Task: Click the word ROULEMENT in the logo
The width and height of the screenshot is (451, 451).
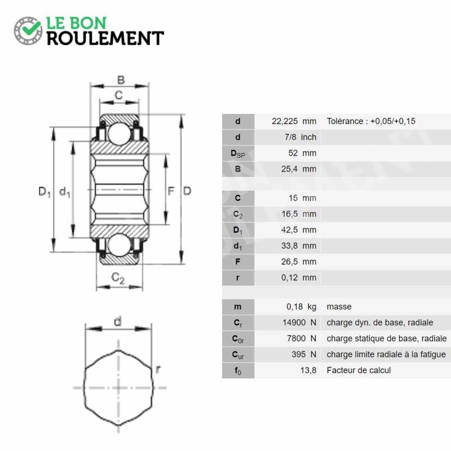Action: [x=105, y=38]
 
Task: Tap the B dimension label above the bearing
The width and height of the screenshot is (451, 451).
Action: [x=121, y=80]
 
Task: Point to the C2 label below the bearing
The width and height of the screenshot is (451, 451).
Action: [x=118, y=278]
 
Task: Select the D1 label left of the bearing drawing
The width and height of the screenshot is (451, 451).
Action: [x=45, y=192]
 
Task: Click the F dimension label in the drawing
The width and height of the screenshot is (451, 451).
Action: [x=171, y=191]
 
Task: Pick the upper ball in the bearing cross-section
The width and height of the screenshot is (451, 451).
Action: [x=119, y=133]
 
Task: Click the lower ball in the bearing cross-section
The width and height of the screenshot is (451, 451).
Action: [x=119, y=245]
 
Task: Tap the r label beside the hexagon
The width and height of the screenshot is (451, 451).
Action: [x=158, y=369]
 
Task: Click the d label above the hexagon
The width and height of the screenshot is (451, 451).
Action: [x=118, y=321]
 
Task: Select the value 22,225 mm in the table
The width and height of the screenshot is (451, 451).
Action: [x=294, y=121]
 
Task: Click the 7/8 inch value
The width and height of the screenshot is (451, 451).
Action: [x=300, y=137]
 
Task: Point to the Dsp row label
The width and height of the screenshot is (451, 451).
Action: [x=238, y=154]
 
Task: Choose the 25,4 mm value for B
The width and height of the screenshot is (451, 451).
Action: [x=299, y=169]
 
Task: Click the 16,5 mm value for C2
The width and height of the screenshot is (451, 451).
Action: [x=299, y=214]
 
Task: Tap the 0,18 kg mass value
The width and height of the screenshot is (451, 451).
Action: [x=301, y=307]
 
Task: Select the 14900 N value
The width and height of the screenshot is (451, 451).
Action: [x=299, y=322]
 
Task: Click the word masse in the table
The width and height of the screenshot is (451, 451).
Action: [x=339, y=307]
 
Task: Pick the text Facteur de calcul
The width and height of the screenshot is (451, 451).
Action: [x=359, y=370]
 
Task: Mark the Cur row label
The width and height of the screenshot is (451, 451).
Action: [x=238, y=355]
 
